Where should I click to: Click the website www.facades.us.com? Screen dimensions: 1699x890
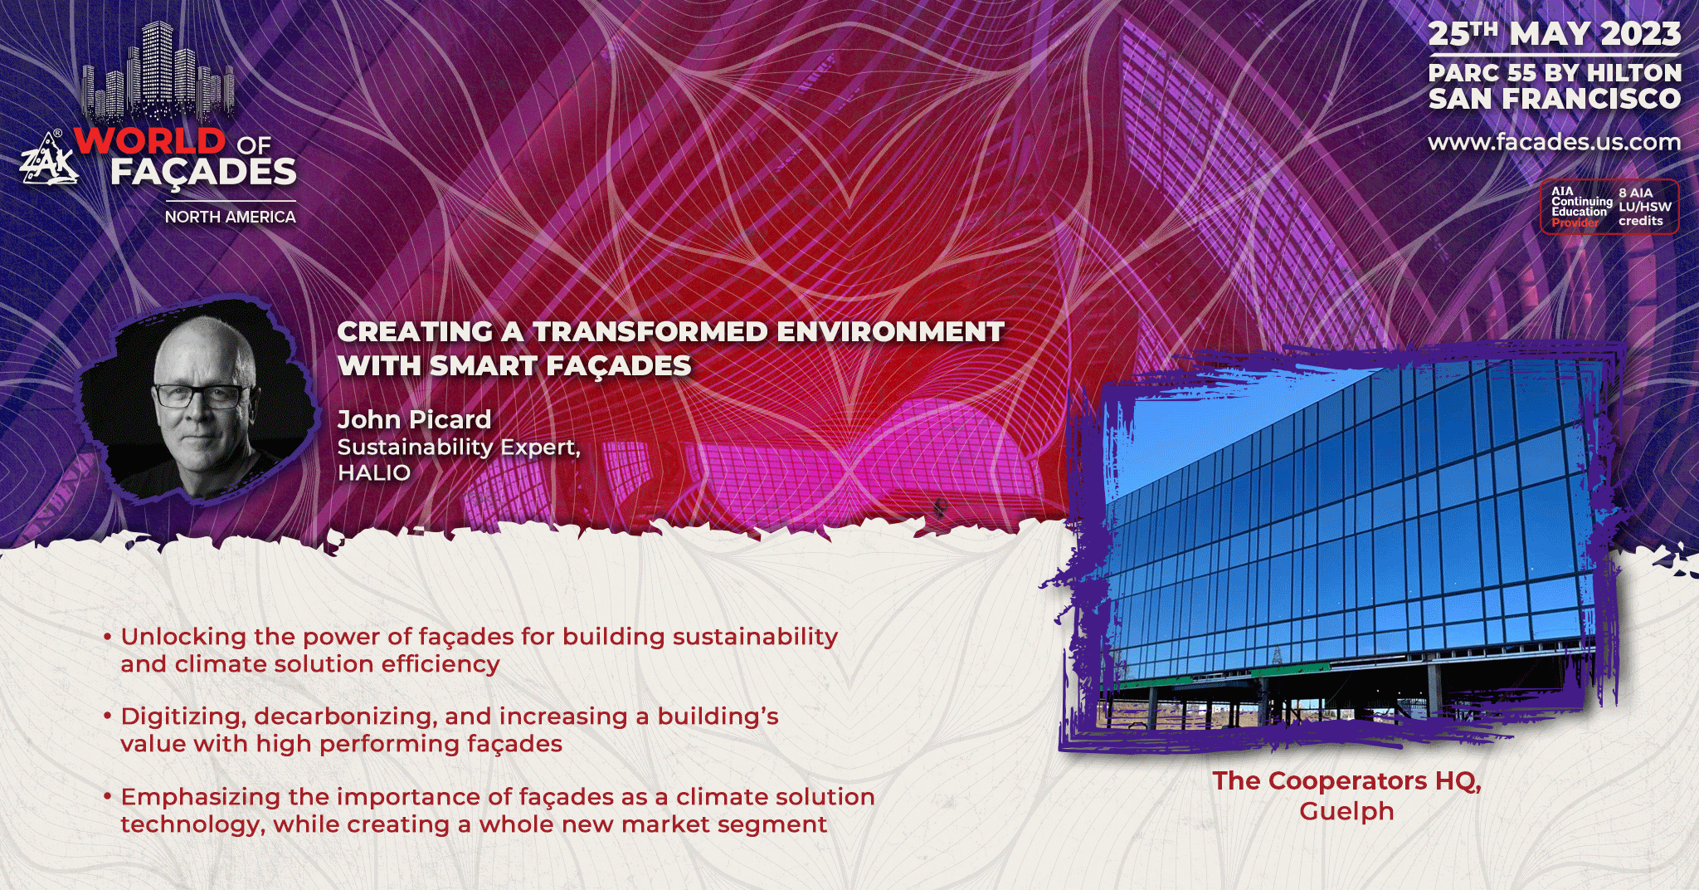click(x=1554, y=142)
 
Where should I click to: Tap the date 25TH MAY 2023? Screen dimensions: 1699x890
click(x=1554, y=34)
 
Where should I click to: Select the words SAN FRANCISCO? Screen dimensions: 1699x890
click(x=1554, y=99)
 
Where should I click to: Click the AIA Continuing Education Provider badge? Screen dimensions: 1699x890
click(x=1609, y=207)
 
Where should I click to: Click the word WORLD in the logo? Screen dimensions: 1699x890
click(x=150, y=140)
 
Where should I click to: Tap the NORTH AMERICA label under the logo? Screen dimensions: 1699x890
click(x=230, y=217)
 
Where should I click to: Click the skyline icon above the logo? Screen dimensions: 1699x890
click(x=158, y=73)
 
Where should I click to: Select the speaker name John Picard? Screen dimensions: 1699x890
click(x=414, y=419)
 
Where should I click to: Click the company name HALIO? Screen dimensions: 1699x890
click(x=374, y=472)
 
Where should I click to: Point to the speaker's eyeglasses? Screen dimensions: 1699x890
click(x=202, y=395)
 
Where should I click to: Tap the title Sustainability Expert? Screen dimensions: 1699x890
click(x=459, y=447)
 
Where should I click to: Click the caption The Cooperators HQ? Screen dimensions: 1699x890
click(x=1346, y=781)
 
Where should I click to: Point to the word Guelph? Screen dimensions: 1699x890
click(x=1346, y=811)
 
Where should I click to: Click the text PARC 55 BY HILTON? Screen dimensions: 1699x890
click(x=1554, y=73)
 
